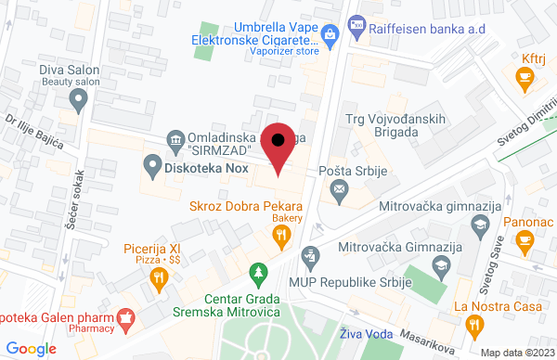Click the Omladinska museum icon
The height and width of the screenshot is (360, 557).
click(x=175, y=140)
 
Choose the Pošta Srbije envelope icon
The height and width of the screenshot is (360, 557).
click(x=339, y=191)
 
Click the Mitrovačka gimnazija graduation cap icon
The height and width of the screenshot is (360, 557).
click(x=479, y=224)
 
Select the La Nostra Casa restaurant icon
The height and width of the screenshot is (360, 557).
click(x=478, y=324)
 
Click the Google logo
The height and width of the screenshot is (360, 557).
click(x=32, y=348)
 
